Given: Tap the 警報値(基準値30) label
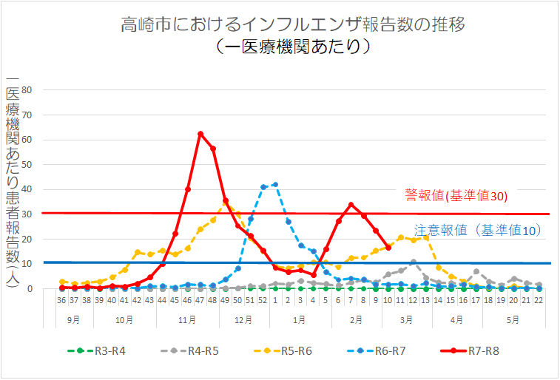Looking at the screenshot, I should click(x=456, y=196).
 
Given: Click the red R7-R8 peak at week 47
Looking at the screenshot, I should click(x=200, y=134).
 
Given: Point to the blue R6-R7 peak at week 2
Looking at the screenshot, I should click(x=275, y=184).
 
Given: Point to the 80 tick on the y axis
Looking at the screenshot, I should click(x=27, y=90).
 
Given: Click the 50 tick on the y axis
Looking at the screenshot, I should click(x=27, y=165).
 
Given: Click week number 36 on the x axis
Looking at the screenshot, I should click(x=61, y=301).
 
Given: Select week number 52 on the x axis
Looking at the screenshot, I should click(x=263, y=301).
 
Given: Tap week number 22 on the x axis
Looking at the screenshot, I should click(x=539, y=301).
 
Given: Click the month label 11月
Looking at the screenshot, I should click(x=187, y=319).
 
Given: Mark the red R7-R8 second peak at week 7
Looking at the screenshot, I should click(x=351, y=205).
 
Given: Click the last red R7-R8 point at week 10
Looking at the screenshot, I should click(x=388, y=247).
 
